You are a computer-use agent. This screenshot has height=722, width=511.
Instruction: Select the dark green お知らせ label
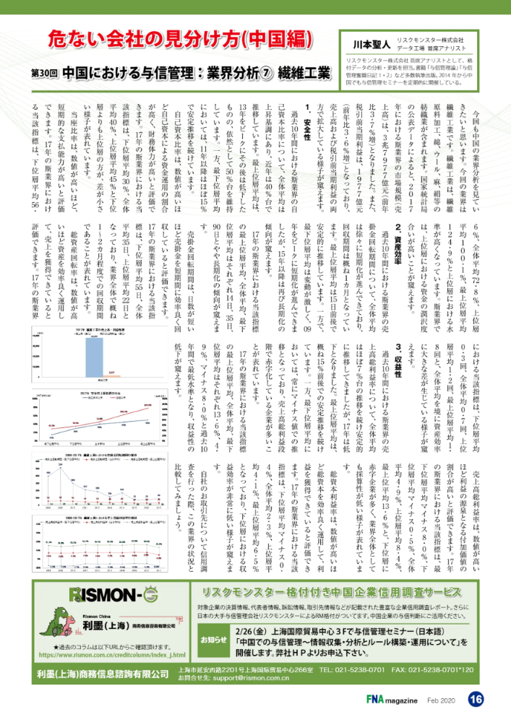[212, 639]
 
